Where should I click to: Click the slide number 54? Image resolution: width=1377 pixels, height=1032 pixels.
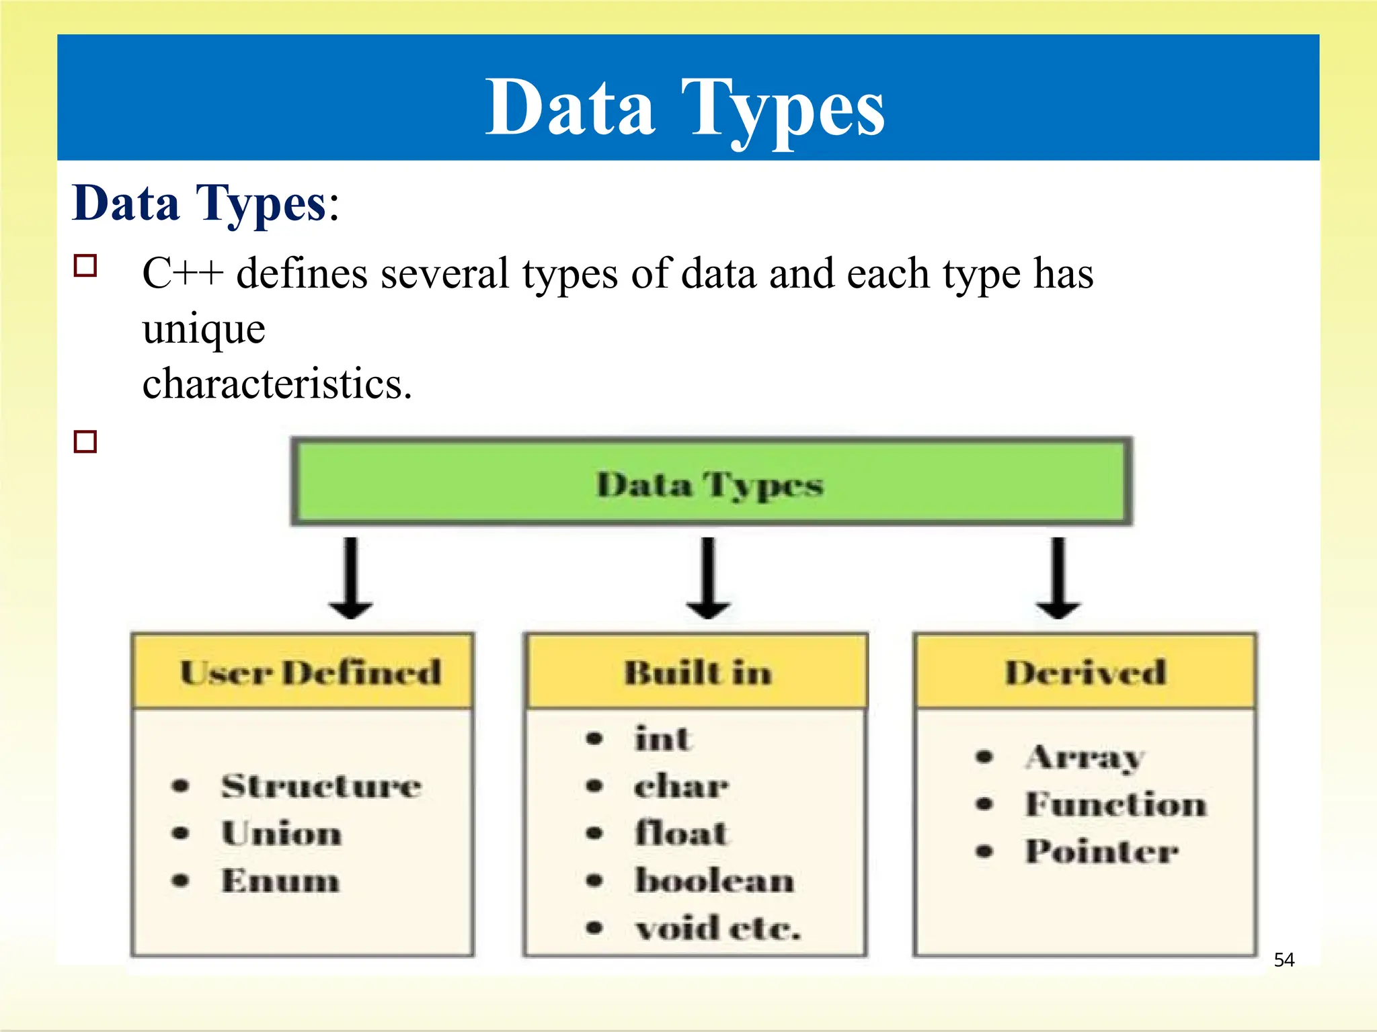point(1284,959)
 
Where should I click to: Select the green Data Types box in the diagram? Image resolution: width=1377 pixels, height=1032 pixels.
point(711,482)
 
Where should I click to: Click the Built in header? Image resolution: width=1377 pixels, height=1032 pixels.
point(697,672)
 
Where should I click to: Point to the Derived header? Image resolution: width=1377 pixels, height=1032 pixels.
point(1085,672)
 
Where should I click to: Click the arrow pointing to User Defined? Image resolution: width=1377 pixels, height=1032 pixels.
point(351,578)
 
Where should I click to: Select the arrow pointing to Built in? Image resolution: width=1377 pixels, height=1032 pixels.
point(708,578)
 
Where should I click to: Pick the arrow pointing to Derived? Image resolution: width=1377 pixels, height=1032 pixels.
point(1058,578)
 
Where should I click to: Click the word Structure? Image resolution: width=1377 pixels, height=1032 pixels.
point(321,785)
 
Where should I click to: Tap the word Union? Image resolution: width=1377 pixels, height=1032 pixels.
point(282,833)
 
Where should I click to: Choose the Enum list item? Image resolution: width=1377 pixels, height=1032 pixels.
point(280,880)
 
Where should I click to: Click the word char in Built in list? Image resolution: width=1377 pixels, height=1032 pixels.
point(680,785)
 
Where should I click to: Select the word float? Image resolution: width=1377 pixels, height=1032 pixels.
point(680,833)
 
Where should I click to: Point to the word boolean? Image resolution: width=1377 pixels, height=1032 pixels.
point(714,880)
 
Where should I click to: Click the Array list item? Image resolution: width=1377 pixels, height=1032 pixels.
point(1084,758)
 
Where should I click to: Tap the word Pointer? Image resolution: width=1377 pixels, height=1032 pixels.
point(1101,851)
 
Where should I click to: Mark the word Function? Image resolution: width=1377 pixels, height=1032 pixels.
point(1115,804)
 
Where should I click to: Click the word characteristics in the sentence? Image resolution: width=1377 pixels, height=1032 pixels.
point(277,384)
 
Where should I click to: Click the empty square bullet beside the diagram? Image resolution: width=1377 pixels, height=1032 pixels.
point(85,441)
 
